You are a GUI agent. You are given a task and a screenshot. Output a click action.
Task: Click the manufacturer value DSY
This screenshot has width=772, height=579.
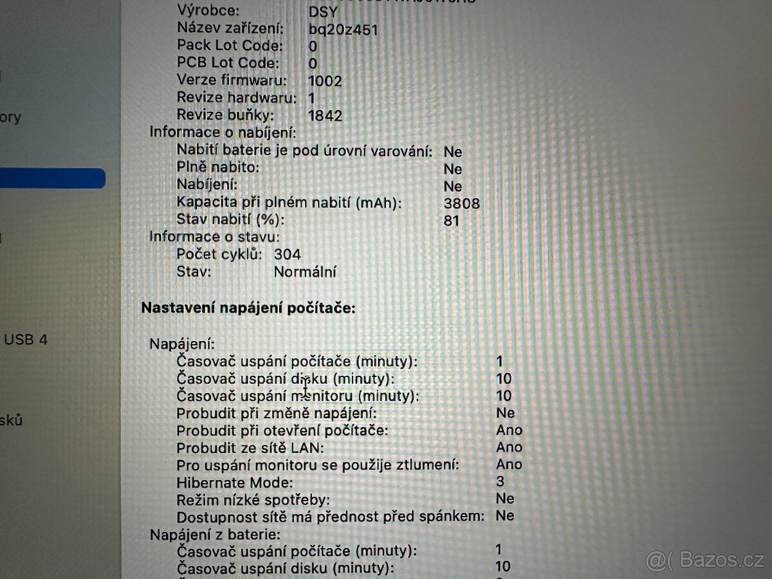[323, 11]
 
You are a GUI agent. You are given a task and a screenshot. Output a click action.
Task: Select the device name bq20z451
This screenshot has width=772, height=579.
[343, 29]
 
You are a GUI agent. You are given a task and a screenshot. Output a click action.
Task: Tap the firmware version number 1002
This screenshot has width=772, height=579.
[325, 81]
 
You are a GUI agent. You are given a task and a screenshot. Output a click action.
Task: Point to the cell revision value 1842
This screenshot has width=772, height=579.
[325, 116]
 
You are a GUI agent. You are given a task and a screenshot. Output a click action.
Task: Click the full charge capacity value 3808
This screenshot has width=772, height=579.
[462, 203]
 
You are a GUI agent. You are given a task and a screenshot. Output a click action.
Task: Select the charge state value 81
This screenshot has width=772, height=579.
[452, 221]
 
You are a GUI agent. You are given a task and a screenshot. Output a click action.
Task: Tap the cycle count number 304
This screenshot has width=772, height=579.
[287, 254]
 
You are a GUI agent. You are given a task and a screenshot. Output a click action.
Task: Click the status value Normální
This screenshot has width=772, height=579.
[305, 271]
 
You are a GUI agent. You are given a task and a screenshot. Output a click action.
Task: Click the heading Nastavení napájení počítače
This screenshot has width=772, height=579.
[248, 308]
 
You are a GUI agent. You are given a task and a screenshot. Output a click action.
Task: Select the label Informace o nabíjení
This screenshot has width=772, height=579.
[223, 133]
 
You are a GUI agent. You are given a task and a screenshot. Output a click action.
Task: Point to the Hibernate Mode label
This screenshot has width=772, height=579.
[235, 481]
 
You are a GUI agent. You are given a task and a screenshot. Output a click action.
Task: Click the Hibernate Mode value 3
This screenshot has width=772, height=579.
[500, 481]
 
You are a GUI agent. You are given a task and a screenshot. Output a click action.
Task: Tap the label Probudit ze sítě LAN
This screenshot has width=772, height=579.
[250, 447]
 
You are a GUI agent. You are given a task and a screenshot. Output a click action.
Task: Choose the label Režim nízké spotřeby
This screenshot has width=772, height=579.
[253, 499]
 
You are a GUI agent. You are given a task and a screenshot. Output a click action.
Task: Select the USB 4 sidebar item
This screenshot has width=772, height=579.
[26, 339]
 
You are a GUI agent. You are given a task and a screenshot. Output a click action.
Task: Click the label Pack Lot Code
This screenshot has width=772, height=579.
[230, 46]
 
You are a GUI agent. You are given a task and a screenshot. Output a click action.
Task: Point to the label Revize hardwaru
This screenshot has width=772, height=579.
[236, 98]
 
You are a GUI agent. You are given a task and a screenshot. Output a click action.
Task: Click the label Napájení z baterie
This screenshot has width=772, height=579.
[215, 534]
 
